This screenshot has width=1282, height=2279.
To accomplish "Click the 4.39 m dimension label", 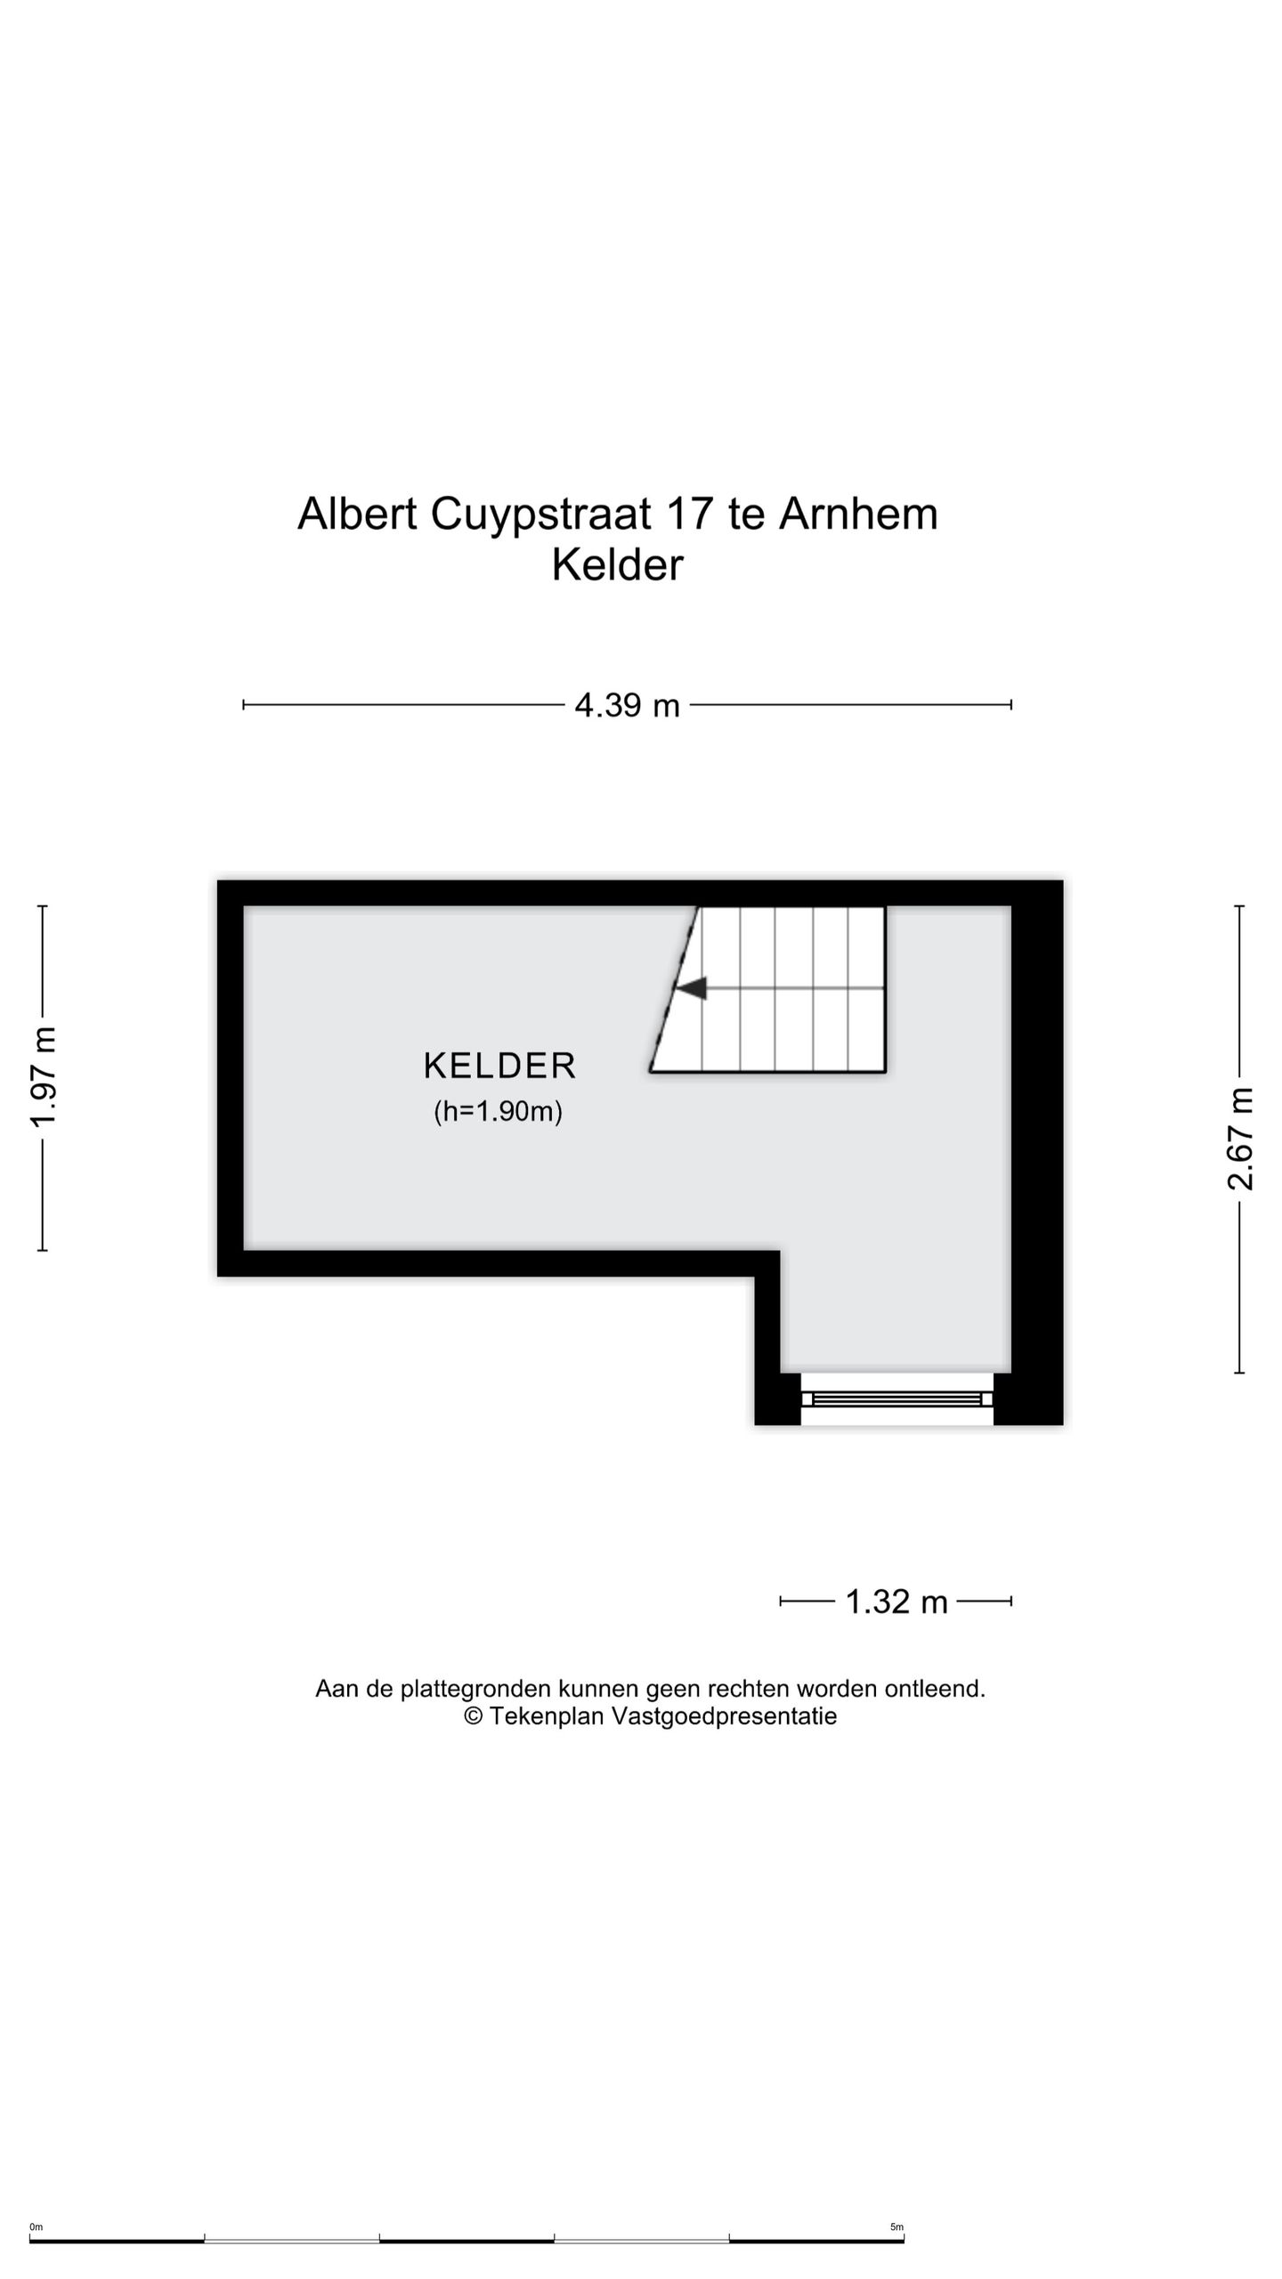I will pyautogui.click(x=627, y=705).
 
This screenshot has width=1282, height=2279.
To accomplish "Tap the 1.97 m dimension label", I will pyautogui.click(x=43, y=1076).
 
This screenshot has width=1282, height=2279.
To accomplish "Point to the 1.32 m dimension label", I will pyautogui.click(x=896, y=1602).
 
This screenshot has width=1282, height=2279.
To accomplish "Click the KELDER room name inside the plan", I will pyautogui.click(x=499, y=1066).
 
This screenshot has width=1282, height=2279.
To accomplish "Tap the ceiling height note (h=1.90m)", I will pyautogui.click(x=498, y=1111).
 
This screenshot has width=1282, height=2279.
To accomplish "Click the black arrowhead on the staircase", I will pyautogui.click(x=691, y=987).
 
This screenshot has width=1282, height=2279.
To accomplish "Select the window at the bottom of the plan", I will pyautogui.click(x=897, y=1399).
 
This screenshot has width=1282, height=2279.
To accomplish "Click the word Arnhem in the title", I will pyautogui.click(x=858, y=514).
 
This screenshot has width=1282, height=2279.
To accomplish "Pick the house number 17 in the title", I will pyautogui.click(x=689, y=514).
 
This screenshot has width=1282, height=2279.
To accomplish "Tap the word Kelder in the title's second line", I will pyautogui.click(x=617, y=564).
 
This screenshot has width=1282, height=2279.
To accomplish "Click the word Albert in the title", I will pyautogui.click(x=357, y=514).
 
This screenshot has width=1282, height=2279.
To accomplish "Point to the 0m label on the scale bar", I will pyautogui.click(x=36, y=2227).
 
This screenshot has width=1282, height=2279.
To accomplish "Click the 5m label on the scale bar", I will pyautogui.click(x=897, y=2227).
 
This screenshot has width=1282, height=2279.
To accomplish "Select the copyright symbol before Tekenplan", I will pyautogui.click(x=474, y=1716).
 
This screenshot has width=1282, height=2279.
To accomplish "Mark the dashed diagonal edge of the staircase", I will pyautogui.click(x=674, y=988).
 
